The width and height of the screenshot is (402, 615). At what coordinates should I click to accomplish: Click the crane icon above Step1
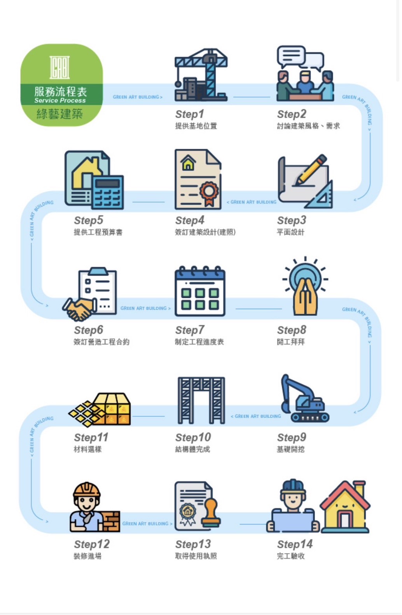click(x=201, y=74)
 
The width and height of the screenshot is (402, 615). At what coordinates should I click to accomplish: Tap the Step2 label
click(x=292, y=114)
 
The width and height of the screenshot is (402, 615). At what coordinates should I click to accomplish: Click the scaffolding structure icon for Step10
click(x=201, y=400)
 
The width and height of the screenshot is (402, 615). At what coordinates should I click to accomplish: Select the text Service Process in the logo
click(x=60, y=100)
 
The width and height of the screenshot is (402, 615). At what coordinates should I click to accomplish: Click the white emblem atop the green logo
click(x=59, y=67)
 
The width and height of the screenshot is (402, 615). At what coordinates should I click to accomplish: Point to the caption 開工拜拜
click(x=290, y=342)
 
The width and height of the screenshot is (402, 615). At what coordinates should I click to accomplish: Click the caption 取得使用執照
click(x=196, y=556)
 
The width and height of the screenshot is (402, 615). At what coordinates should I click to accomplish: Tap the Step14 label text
click(x=295, y=544)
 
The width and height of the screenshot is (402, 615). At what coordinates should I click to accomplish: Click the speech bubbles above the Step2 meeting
click(x=300, y=58)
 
